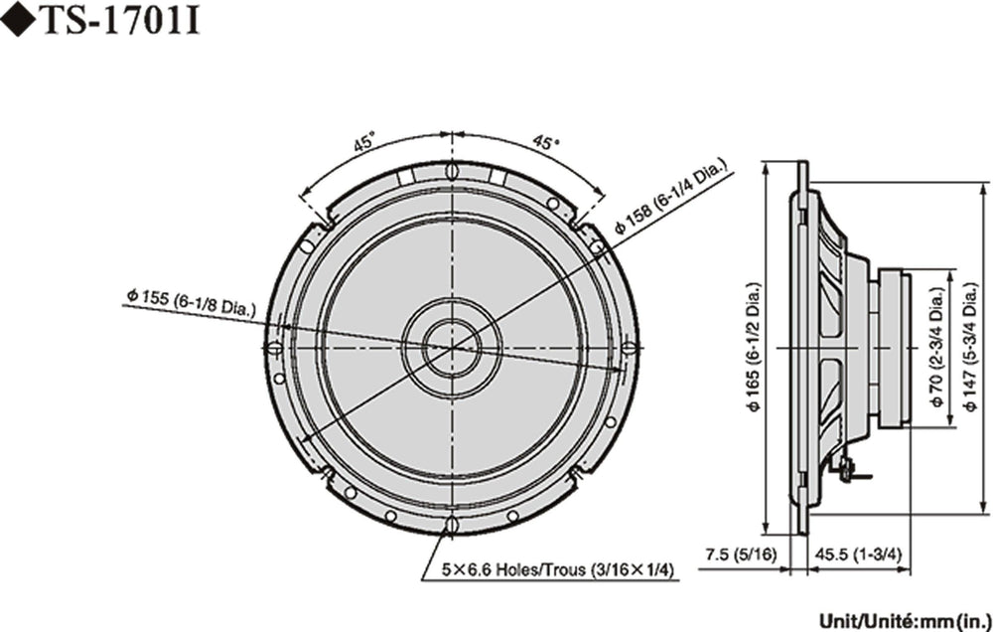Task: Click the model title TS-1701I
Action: pyautogui.click(x=121, y=20)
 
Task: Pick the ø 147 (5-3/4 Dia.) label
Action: pyautogui.click(x=970, y=347)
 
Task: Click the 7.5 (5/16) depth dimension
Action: pyautogui.click(x=740, y=554)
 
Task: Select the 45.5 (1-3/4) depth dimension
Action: pyautogui.click(x=858, y=554)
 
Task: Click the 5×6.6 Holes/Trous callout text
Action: pyautogui.click(x=558, y=569)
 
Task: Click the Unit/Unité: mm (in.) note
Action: pyautogui.click(x=905, y=619)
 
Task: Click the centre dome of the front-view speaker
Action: pyautogui.click(x=452, y=347)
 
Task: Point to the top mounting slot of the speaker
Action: pyautogui.click(x=452, y=171)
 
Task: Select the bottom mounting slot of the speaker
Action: pyautogui.click(x=452, y=526)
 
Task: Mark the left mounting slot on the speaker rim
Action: pyautogui.click(x=274, y=348)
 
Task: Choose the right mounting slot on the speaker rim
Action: pyautogui.click(x=629, y=348)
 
